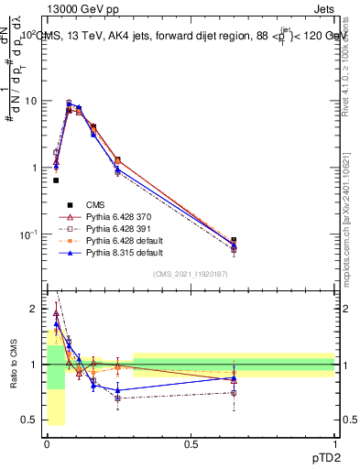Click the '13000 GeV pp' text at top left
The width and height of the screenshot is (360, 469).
76,8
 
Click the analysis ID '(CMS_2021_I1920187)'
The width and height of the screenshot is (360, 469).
191,273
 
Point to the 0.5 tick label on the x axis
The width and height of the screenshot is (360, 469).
191,442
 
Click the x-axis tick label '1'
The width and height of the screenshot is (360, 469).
334,442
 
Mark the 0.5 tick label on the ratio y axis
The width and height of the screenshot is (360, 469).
34,420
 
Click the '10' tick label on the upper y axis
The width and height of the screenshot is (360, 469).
33,101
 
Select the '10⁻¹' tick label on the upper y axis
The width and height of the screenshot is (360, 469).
30,234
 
